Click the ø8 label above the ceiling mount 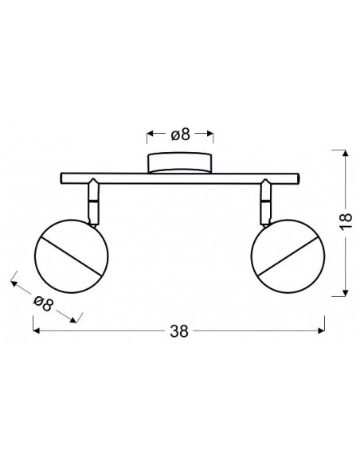click(180, 135)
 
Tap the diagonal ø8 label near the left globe click(43, 303)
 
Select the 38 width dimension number click(179, 331)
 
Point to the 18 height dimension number click(346, 220)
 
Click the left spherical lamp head click(71, 256)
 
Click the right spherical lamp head click(288, 256)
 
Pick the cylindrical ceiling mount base click(180, 162)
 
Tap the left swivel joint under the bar click(93, 202)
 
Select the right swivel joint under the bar click(265, 202)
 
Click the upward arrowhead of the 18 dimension click(345, 153)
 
